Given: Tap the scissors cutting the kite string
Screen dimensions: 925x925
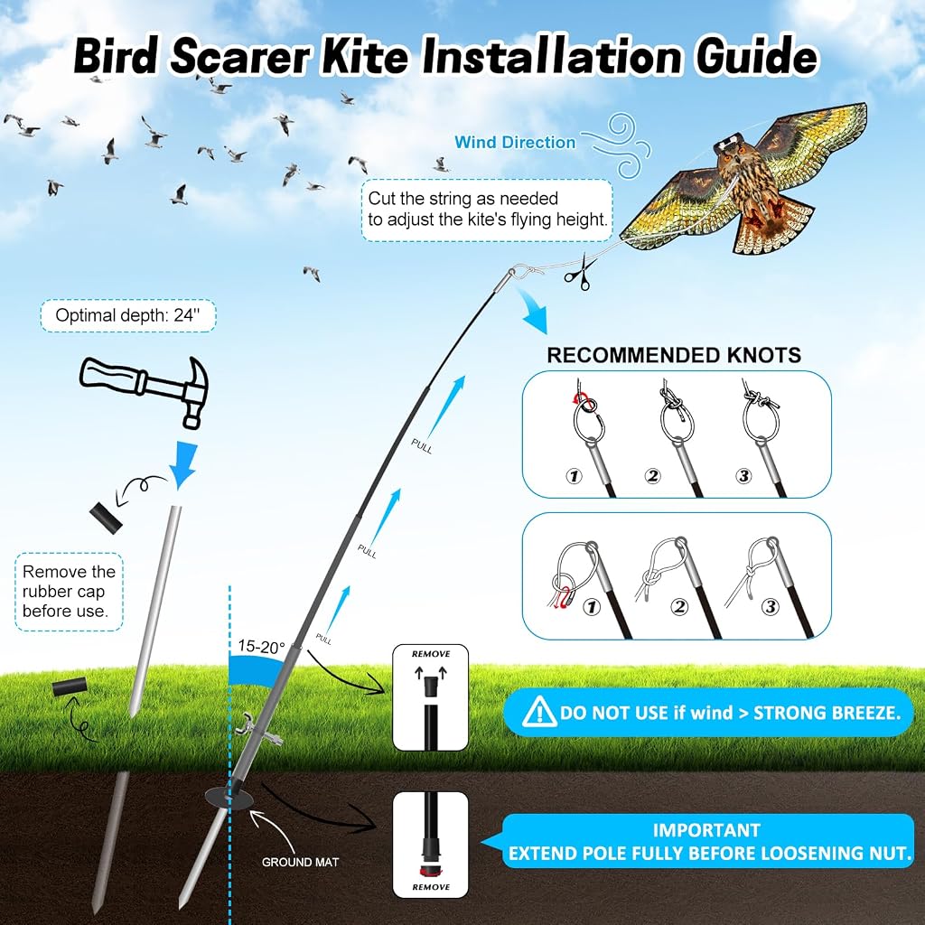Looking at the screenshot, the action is click(x=579, y=273).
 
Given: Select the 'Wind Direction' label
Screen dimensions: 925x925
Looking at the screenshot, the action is click(x=514, y=142).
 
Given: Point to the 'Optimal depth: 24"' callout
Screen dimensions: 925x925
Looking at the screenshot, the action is click(x=128, y=315).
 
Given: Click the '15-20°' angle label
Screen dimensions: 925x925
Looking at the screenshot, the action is click(x=261, y=647).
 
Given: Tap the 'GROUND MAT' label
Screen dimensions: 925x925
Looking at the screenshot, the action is click(x=300, y=862).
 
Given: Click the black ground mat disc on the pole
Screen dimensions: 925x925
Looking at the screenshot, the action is click(x=229, y=799).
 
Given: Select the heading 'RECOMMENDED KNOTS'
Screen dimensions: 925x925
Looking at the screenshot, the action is click(x=674, y=355).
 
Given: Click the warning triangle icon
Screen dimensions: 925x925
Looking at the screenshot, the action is click(x=538, y=712).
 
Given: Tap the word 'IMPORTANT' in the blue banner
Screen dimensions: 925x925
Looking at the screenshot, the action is click(x=706, y=830).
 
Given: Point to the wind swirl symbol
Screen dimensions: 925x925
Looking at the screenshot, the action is click(x=616, y=145).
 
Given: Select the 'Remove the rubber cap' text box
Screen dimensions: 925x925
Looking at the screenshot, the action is click(x=69, y=591).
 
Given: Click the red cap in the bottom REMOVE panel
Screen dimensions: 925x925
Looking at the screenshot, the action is click(x=431, y=872).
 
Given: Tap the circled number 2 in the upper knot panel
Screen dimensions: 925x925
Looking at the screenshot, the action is click(x=652, y=475).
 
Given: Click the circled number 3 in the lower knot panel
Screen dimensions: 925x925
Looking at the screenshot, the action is click(x=770, y=606).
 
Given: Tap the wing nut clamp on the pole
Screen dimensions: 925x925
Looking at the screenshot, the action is click(x=257, y=730).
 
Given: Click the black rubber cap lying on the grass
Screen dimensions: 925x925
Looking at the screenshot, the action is click(x=69, y=687).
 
